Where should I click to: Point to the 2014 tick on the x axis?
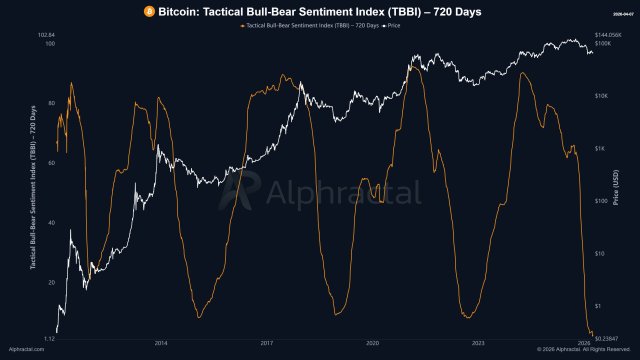point(161,342)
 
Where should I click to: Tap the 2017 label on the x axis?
point(267,342)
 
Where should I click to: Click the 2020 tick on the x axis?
point(373,342)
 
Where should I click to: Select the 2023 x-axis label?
point(478,342)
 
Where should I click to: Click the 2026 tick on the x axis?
point(584,342)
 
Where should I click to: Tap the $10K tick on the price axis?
point(603,96)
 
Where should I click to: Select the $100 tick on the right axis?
point(603,201)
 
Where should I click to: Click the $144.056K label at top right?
point(609,35)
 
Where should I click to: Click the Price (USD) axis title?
point(625,186)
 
